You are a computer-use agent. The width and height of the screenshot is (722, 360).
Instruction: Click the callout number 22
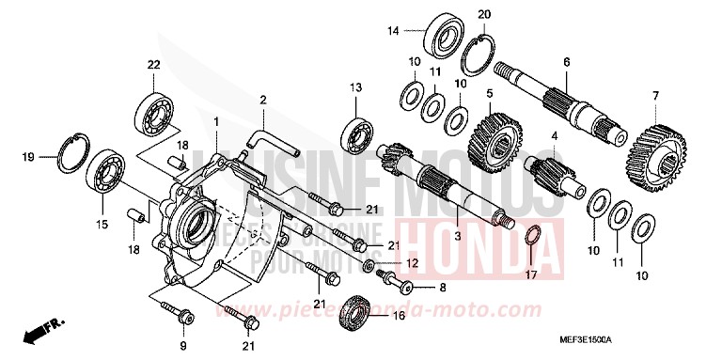tap(153, 64)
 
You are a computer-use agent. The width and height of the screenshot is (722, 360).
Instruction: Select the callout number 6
tap(566, 62)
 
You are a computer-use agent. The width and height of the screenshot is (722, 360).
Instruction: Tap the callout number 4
tap(555, 135)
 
